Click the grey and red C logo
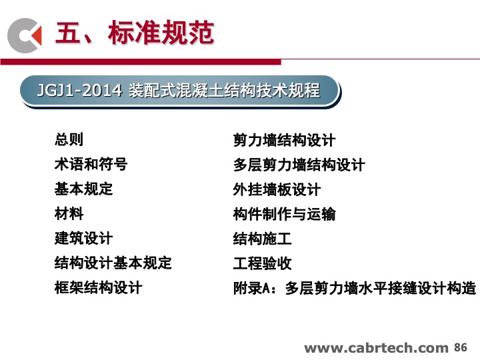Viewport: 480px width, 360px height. [25, 35]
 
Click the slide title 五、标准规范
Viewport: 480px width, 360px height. [134, 33]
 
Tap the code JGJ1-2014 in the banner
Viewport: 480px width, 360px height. [79, 90]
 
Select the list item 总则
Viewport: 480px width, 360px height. [69, 139]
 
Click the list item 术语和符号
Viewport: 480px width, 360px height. [91, 164]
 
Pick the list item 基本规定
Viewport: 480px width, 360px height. [83, 189]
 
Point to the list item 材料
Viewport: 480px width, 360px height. [69, 213]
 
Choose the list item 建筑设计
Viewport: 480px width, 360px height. [83, 238]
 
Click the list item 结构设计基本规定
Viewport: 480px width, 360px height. [113, 263]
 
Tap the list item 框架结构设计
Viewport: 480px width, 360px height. [98, 287]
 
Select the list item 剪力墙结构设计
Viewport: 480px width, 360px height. [284, 140]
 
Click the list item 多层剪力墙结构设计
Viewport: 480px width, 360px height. [299, 165]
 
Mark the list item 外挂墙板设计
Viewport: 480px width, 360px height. [277, 189]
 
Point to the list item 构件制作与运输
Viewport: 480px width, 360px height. [284, 214]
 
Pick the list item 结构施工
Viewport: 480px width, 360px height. [262, 239]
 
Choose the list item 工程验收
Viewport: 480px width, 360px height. [262, 263]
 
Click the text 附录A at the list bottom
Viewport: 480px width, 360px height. [251, 288]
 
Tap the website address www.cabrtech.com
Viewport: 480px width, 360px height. [376, 348]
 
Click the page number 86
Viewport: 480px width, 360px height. [461, 347]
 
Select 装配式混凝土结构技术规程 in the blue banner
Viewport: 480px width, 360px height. [224, 90]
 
